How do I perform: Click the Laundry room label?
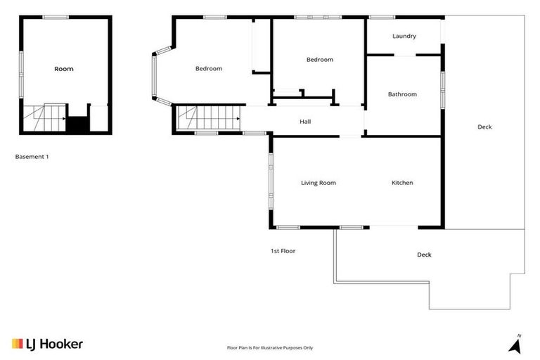pyautogui.click(x=404, y=36)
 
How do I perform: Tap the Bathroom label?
pyautogui.click(x=402, y=94)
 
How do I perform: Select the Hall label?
pyautogui.click(x=305, y=122)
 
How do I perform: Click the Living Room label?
pyautogui.click(x=319, y=183)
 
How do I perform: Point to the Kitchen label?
pyautogui.click(x=402, y=183)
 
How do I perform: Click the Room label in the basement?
pyautogui.click(x=64, y=69)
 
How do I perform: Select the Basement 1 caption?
pyautogui.click(x=32, y=157)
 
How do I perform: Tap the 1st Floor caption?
pyautogui.click(x=283, y=250)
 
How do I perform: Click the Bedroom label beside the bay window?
pyautogui.click(x=209, y=68)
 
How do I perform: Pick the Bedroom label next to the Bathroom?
pyautogui.click(x=319, y=60)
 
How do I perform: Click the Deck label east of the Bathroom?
pyautogui.click(x=484, y=127)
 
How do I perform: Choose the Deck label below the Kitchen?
pyautogui.click(x=424, y=255)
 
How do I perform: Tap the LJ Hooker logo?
pyautogui.click(x=47, y=344)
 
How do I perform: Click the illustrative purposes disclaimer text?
pyautogui.click(x=269, y=347)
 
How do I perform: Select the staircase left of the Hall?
pyautogui.click(x=208, y=117)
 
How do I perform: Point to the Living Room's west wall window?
pyautogui.click(x=270, y=181)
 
